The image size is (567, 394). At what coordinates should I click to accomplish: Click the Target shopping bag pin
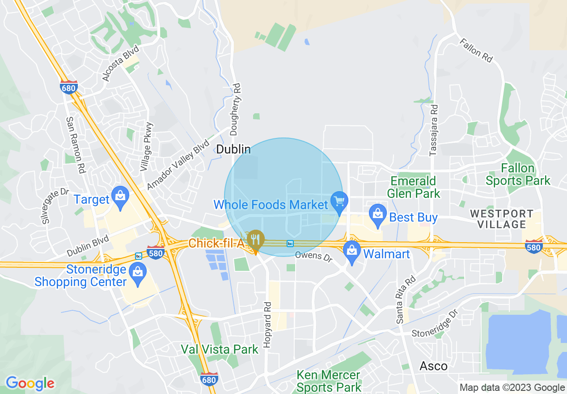point(120,197)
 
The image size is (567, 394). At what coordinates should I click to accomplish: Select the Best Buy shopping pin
point(378,214)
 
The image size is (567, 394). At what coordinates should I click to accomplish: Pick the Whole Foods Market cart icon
point(339,201)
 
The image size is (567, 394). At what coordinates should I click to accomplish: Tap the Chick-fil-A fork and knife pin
point(255,240)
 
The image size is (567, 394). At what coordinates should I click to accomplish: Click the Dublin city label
point(233,149)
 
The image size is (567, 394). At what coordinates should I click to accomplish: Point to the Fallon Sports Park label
point(518,175)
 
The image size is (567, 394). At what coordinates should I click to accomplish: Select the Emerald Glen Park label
point(413,187)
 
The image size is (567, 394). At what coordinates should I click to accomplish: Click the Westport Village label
point(501,219)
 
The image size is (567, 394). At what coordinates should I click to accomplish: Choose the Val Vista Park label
point(220,349)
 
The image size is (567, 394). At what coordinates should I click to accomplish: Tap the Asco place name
point(433,366)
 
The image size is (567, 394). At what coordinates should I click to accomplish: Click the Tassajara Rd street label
point(433,130)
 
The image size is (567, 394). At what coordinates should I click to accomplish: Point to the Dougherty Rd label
point(236,109)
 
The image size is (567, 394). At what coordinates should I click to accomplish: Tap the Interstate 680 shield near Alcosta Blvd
point(68,87)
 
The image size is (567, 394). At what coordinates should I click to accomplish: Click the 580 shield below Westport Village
point(534,246)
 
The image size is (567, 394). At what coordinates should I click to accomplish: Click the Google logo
point(30,383)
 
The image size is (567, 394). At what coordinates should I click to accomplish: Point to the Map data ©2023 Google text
point(512,388)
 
